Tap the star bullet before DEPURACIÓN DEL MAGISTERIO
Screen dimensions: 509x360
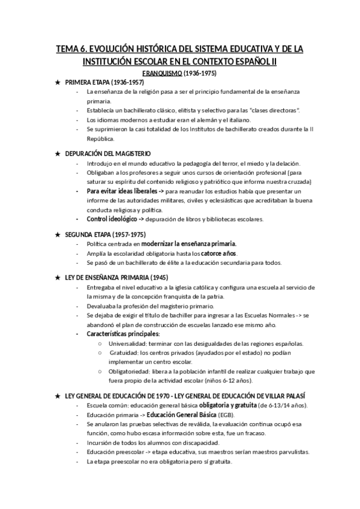click(58, 154)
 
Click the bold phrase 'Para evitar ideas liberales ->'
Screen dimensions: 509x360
click(125, 191)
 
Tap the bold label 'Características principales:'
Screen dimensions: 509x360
click(123, 334)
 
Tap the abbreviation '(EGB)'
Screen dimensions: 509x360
click(226, 415)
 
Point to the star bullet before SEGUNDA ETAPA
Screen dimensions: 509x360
click(58, 235)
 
